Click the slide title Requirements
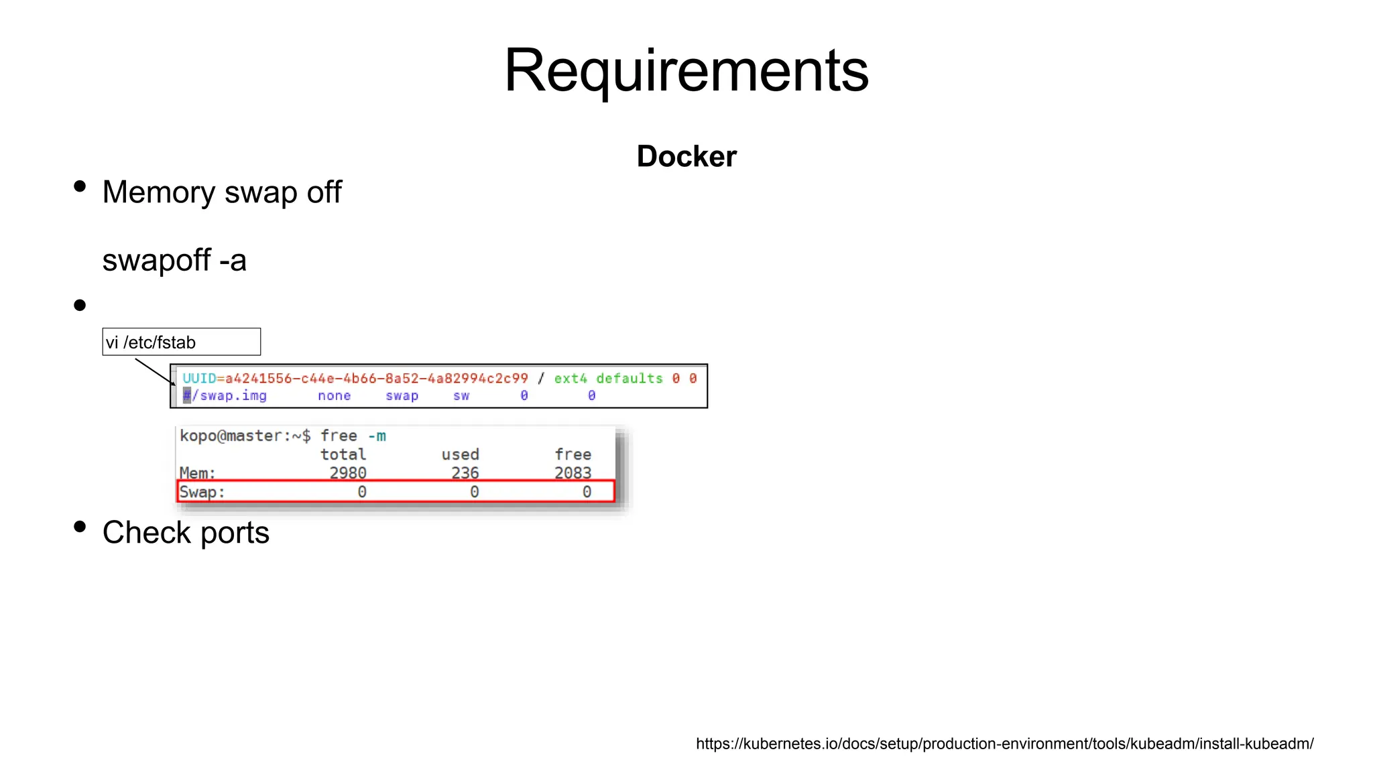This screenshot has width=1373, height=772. tap(686, 70)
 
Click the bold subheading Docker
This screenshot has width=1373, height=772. tap(686, 156)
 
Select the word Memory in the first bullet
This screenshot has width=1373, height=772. tap(158, 192)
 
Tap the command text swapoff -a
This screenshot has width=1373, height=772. tap(174, 260)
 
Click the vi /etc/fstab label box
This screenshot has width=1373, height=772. tap(181, 342)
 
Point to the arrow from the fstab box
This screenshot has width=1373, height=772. tap(154, 371)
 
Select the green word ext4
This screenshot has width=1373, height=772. tap(570, 379)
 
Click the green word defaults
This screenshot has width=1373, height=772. tap(629, 379)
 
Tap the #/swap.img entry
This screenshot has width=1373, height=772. tap(225, 396)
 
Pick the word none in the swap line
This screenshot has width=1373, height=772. tap(334, 396)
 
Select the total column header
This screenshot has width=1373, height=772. tap(343, 454)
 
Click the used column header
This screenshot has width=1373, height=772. tap(460, 454)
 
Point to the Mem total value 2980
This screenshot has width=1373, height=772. tap(348, 472)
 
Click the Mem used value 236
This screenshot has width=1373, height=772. tap(465, 472)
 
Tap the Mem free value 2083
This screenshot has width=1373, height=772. tap(573, 472)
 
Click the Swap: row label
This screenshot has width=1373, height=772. tap(202, 492)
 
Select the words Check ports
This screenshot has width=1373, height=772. tap(186, 533)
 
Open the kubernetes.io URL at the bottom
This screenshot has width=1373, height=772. tap(1004, 744)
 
